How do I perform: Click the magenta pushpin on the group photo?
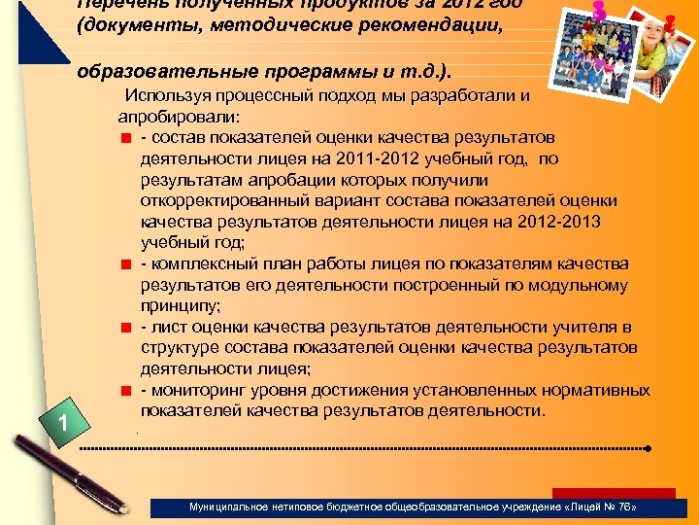coord(598,11)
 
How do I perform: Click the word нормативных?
coord(593,391)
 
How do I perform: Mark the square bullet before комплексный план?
coord(125,264)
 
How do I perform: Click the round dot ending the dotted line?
coord(648,449)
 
